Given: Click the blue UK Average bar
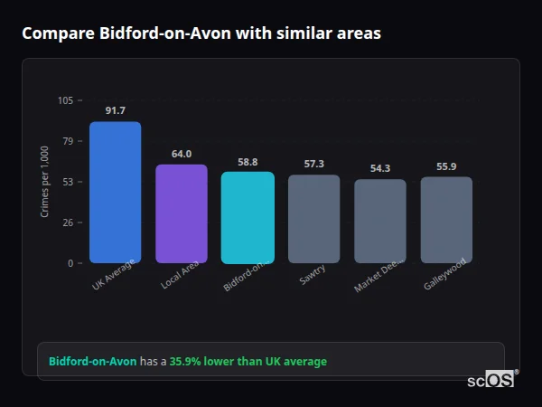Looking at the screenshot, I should (115, 192).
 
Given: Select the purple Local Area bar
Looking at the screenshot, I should (182, 213).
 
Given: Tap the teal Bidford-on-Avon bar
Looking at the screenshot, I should (248, 217).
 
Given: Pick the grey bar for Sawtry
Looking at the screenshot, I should (314, 219).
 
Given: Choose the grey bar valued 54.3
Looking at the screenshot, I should (380, 221).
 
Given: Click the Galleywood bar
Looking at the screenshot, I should (446, 220).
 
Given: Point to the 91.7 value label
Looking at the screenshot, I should (115, 110).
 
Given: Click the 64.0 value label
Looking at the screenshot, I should (182, 154).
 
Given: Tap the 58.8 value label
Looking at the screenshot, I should (248, 162).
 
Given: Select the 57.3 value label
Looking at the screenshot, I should (314, 164).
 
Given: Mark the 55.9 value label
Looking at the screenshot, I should (446, 166).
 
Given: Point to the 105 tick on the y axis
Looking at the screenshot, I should (66, 100).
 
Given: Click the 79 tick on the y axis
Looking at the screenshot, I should (69, 141).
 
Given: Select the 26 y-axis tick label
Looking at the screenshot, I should (69, 222).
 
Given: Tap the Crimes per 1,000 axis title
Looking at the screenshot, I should (44, 182).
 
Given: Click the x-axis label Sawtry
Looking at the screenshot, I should (313, 275).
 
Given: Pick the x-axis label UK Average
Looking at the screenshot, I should (113, 275).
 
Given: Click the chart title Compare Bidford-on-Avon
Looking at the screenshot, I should (201, 33).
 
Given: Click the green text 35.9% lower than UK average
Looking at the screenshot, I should (248, 362).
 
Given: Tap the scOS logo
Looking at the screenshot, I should (491, 380).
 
